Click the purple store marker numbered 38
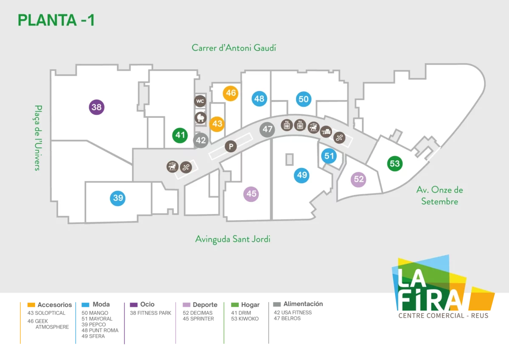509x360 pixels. point(97,107)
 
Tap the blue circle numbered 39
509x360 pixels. point(118,198)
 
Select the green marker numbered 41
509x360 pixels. point(180,135)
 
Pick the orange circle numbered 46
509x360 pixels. point(231,93)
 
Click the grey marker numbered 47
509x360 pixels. point(267,129)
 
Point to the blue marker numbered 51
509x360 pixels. point(329,156)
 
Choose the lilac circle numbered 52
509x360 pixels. point(358,179)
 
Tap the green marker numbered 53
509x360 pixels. point(395,164)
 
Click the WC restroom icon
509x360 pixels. point(200,101)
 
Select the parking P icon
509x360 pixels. point(231,146)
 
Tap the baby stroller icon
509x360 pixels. point(200,117)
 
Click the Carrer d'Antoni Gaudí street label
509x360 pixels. point(234,48)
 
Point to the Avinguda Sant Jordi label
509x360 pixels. point(233,239)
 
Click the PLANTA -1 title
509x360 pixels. point(56,20)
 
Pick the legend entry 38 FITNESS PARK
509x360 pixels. point(151,313)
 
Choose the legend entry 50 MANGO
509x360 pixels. point(95,313)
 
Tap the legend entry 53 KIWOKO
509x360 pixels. point(245,319)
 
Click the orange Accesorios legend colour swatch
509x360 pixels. point(31,305)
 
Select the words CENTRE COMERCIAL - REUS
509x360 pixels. point(443,316)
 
